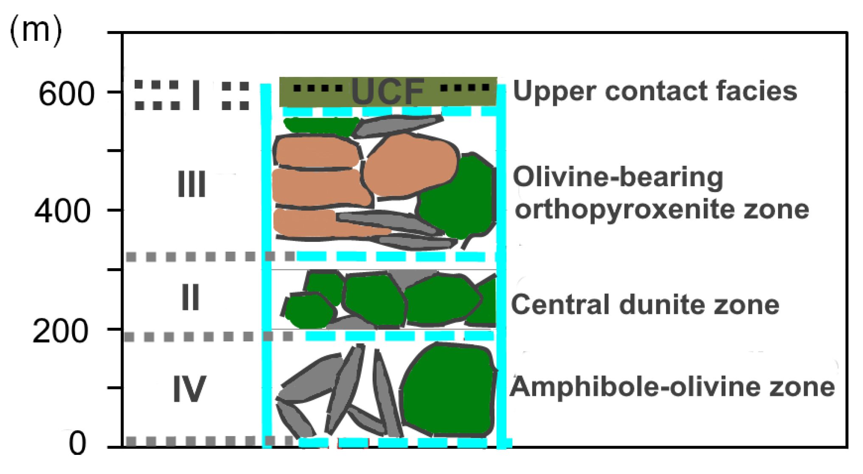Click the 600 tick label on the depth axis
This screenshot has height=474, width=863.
(66, 94)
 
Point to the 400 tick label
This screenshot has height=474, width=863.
(62, 211)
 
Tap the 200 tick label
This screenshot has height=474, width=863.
(60, 331)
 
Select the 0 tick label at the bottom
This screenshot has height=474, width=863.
(77, 443)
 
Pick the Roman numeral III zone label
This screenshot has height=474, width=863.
(191, 184)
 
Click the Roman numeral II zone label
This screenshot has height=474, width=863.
(190, 297)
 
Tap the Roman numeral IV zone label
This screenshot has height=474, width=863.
(189, 389)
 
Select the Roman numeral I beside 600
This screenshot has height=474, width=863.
(196, 95)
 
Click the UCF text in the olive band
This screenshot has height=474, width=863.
(388, 92)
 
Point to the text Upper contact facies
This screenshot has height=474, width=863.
(655, 91)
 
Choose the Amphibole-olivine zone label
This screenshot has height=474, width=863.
(672, 387)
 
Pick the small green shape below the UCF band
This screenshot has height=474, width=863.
(320, 126)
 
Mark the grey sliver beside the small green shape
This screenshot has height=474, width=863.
(397, 125)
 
